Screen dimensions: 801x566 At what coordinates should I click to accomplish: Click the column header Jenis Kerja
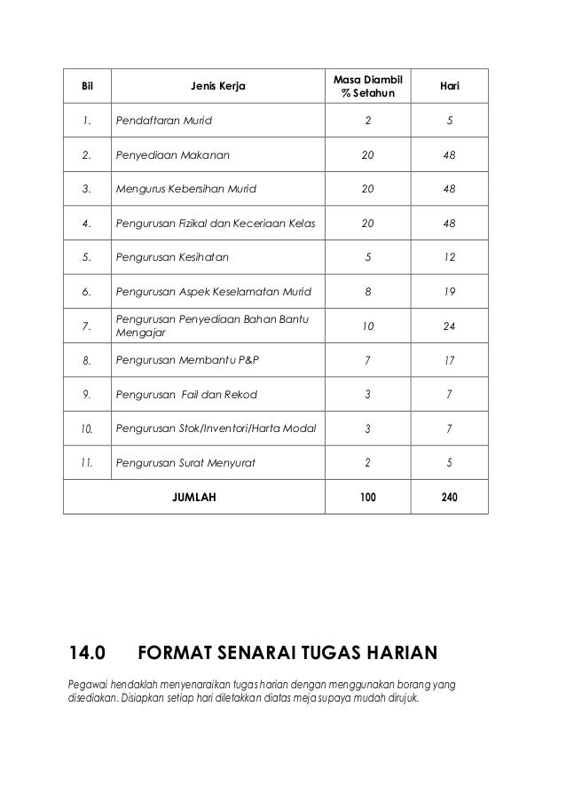click(x=217, y=87)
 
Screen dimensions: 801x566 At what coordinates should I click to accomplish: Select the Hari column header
click(x=449, y=87)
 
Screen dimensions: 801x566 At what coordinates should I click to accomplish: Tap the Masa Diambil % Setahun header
click(x=367, y=87)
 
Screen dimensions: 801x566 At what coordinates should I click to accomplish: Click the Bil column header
click(x=87, y=87)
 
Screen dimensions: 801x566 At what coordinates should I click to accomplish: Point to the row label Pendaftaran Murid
click(x=164, y=121)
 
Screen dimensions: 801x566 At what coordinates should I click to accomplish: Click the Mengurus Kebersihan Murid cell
click(x=189, y=189)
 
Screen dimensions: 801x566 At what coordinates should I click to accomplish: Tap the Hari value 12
click(x=449, y=257)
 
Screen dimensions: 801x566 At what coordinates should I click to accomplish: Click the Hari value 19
click(x=449, y=291)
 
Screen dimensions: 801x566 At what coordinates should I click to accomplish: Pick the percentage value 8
click(x=367, y=291)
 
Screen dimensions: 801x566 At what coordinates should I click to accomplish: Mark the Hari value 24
click(x=449, y=326)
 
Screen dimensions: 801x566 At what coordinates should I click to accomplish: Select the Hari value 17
click(x=449, y=360)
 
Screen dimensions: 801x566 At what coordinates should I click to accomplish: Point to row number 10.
click(x=87, y=428)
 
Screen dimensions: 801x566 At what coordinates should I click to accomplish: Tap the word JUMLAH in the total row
click(x=193, y=498)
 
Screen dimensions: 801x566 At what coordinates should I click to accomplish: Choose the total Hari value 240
click(x=449, y=498)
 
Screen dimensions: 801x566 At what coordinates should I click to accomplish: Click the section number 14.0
click(x=87, y=656)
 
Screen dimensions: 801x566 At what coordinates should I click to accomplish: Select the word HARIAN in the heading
click(x=397, y=656)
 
